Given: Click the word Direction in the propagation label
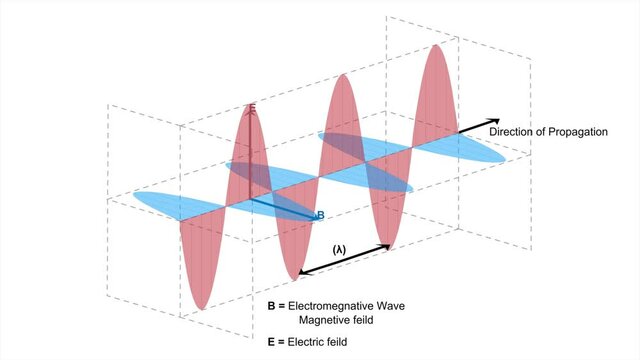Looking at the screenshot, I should (512, 131).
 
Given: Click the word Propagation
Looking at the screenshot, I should (572, 131).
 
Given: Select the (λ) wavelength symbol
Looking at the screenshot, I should (341, 246).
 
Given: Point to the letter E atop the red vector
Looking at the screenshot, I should (252, 108).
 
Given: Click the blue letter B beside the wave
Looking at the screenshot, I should (320, 215).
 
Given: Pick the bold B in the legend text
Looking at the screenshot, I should (271, 303).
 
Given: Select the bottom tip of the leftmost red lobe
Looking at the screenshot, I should (202, 307).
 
